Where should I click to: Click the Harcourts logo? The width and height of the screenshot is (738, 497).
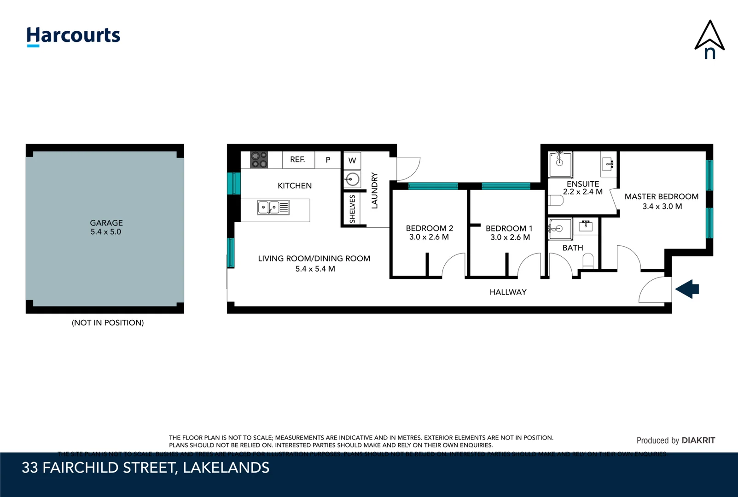pos(73,36)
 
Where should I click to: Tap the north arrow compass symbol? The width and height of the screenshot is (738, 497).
pos(709,40)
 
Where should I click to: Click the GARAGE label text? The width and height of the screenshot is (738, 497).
pos(106,223)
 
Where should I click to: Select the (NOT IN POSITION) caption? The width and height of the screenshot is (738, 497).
pos(108,323)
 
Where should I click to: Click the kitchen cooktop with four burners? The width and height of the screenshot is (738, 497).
pos(259,160)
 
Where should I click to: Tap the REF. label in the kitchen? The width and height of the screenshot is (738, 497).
pos(297,160)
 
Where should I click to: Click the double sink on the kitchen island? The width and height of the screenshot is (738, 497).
pos(273,208)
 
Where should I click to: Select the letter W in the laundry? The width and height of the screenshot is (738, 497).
pos(352,161)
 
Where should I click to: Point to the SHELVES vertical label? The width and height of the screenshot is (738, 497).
pos(353,209)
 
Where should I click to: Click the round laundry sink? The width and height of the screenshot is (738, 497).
pos(353,179)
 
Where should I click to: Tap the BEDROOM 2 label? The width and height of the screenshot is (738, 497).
pos(429,228)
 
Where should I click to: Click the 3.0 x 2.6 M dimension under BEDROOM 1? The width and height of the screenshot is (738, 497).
pos(510,237)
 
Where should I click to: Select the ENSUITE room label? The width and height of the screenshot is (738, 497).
pos(583,184)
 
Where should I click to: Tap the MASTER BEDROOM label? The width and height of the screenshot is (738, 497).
pos(661,196)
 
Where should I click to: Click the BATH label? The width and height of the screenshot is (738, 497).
pos(573,248)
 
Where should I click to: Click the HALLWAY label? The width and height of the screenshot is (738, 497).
pos(508,292)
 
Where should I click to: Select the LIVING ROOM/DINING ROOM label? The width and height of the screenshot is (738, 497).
pos(314,259)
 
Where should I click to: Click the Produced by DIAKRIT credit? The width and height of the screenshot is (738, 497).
pos(675,440)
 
